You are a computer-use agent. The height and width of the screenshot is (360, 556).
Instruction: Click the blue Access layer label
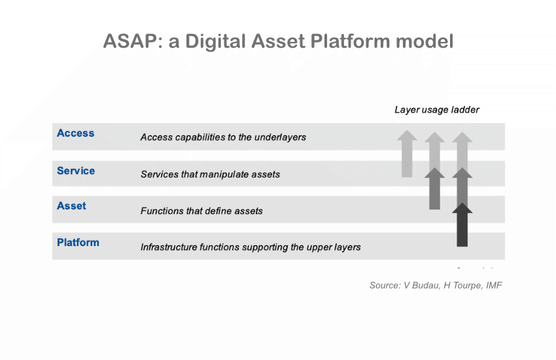tap(75, 134)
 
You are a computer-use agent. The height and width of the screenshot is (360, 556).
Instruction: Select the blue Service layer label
tap(76, 171)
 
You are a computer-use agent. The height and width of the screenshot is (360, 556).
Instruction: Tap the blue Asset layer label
tap(71, 206)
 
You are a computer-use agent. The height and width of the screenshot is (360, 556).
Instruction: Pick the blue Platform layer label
tap(78, 243)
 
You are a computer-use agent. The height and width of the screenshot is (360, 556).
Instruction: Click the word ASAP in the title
tap(133, 41)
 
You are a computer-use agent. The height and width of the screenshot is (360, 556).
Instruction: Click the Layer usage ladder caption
tap(436, 110)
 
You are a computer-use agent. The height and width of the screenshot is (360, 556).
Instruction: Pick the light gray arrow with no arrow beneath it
tap(407, 153)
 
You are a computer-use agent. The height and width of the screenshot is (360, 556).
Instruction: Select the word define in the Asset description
tap(206, 211)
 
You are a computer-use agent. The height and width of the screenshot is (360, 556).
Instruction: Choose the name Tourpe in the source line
tap(464, 285)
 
